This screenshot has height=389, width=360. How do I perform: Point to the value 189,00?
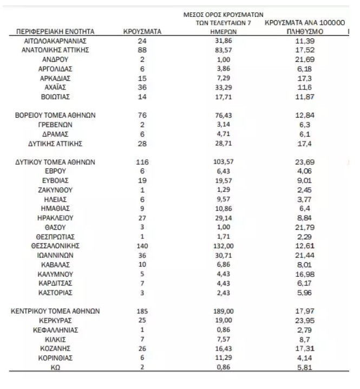pos(224,311)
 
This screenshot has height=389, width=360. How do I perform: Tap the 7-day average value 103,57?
pos(224,162)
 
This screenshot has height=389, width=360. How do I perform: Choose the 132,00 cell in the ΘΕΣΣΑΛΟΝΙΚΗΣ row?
pos(224,245)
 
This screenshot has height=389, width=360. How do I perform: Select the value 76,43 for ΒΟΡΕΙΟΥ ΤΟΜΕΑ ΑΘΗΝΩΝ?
pos(224,115)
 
